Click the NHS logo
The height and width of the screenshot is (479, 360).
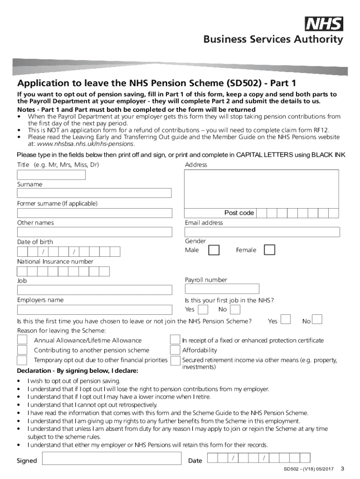pos(324,24)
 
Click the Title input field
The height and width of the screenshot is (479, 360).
pos(51,175)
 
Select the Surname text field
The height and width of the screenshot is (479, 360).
pos(94,193)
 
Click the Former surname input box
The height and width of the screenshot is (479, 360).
pos(94,213)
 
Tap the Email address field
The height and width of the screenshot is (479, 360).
pos(262,232)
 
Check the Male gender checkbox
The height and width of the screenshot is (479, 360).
pos(213,250)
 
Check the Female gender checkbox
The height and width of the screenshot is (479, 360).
pos(269,250)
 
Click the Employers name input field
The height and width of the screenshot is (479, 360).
pos(94,310)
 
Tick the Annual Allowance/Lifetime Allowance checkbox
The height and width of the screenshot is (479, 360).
pos(22,340)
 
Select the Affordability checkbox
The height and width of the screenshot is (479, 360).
pos(175,350)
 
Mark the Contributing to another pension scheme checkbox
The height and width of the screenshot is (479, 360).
pos(22,350)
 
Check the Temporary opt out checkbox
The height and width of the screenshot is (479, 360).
pos(22,360)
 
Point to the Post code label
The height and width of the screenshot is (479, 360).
pos(239,213)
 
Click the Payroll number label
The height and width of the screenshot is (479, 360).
pos(206,280)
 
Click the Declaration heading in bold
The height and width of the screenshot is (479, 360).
pos(78,371)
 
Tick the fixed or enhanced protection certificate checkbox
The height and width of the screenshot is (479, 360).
pos(175,340)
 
